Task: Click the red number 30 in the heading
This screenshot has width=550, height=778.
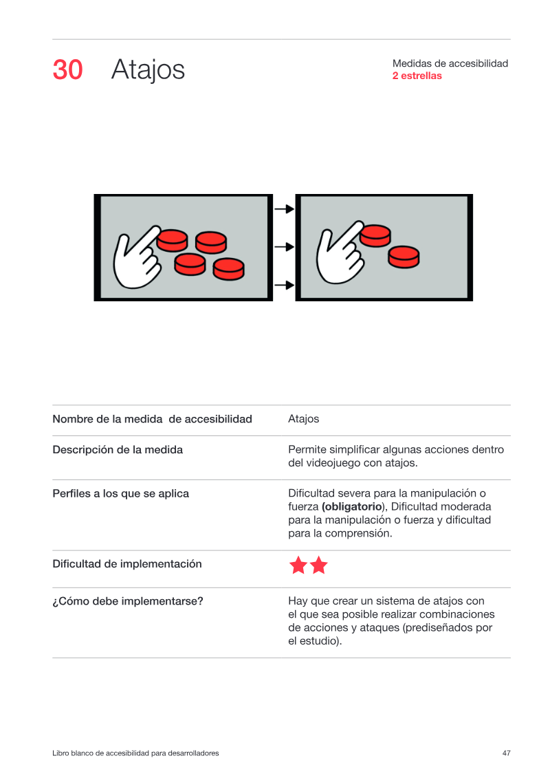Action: [67, 69]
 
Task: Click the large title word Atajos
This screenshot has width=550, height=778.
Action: [148, 70]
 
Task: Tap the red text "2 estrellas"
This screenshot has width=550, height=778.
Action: [417, 76]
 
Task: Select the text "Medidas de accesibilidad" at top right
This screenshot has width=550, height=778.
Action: [450, 63]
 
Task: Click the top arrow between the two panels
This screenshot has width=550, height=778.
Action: [284, 209]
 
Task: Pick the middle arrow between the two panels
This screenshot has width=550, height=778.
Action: [284, 246]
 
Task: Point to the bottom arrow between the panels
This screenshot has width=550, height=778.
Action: [284, 285]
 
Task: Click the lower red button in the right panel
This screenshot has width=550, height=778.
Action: [404, 257]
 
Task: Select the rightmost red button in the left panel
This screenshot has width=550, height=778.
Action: [229, 269]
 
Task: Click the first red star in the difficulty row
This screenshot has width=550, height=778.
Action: [298, 565]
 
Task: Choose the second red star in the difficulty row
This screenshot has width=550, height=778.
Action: [318, 565]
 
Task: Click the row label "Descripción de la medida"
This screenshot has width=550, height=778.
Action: [118, 449]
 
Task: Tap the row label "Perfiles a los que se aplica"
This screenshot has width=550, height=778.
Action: [120, 494]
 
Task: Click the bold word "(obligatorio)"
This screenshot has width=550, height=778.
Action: [353, 506]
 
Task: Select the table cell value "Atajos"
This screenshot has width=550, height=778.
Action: [303, 419]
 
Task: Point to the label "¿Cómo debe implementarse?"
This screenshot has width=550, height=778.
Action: [128, 601]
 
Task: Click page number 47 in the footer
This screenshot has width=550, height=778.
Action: [507, 753]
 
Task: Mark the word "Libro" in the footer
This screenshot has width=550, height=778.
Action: [60, 753]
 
